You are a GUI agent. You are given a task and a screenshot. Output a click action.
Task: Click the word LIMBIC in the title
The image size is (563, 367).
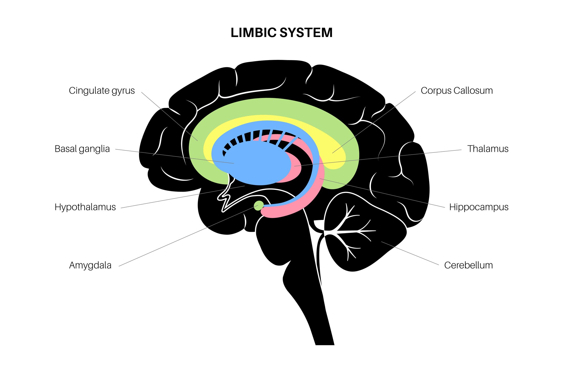253,33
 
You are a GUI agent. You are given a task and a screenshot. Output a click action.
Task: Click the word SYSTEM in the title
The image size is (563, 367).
306,33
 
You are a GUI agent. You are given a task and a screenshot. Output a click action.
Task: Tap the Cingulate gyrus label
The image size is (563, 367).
102,91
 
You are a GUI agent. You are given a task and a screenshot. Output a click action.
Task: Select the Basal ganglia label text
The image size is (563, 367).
82,149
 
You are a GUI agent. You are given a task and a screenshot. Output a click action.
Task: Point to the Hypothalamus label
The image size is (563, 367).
85,207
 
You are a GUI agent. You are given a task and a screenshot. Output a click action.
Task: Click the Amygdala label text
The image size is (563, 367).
90,265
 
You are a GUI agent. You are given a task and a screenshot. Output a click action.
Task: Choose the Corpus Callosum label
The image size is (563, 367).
456,91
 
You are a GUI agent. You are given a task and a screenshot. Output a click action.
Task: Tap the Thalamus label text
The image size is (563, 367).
488,149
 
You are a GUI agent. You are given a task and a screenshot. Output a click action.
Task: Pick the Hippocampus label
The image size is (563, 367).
478,207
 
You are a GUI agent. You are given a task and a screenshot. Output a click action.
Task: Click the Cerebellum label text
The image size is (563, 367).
468,265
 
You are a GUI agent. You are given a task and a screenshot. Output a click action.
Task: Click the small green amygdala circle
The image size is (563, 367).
259,205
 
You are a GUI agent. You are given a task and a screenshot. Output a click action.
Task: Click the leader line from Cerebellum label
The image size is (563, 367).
409,253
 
